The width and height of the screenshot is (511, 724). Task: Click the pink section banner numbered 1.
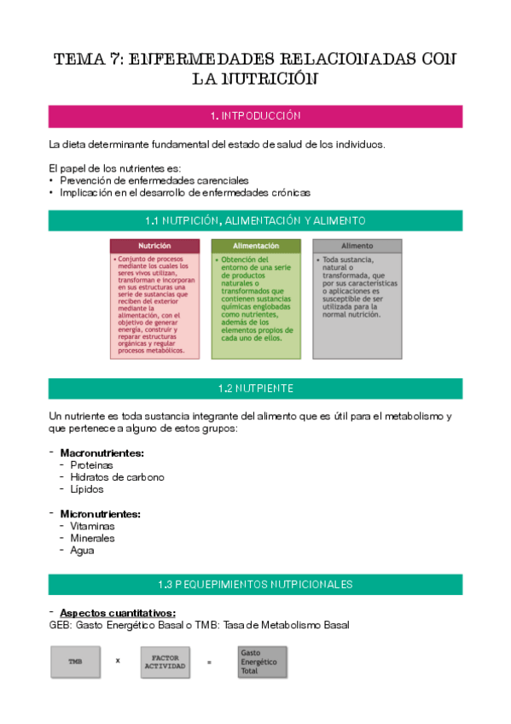(255, 116)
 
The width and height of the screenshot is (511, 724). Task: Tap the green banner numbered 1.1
(255, 221)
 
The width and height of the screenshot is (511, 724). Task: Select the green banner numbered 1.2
(255, 388)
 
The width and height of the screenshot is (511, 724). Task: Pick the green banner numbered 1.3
(255, 585)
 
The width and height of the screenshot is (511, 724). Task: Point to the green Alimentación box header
(256, 246)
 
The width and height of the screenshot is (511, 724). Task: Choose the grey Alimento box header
(357, 246)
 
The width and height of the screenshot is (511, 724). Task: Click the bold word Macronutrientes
(102, 452)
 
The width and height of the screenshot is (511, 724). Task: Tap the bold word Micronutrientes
(100, 514)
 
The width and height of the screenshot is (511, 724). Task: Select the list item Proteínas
(91, 465)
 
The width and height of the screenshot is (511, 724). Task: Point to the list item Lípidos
(87, 489)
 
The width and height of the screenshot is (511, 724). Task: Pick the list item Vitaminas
(92, 527)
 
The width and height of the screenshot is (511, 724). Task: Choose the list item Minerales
(92, 539)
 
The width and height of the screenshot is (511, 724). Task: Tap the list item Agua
(83, 551)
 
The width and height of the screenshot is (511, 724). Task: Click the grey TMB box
(76, 662)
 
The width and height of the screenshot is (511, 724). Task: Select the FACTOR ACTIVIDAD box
(165, 662)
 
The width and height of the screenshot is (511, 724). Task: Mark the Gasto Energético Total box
(262, 662)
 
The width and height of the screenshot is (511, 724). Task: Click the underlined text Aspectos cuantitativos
(118, 613)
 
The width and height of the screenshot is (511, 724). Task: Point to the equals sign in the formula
(209, 662)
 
